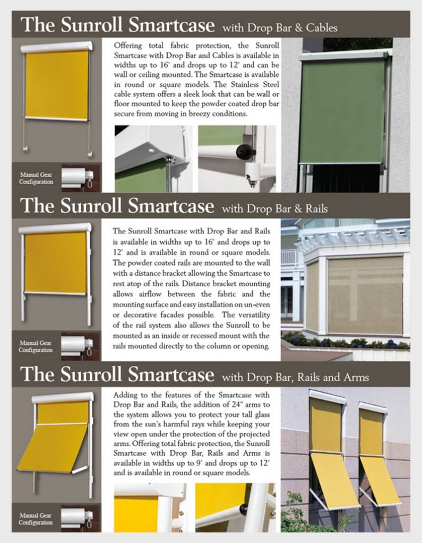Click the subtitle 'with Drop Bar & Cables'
point(280,27)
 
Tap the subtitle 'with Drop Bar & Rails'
point(274,208)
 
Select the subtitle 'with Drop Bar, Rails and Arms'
point(295,378)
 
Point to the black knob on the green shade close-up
point(246,151)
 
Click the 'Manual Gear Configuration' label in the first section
point(36,178)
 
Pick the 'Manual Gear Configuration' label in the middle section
point(36,346)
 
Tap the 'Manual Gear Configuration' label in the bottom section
point(36,519)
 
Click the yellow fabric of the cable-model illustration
point(56,85)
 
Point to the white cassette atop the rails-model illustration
point(55,229)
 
